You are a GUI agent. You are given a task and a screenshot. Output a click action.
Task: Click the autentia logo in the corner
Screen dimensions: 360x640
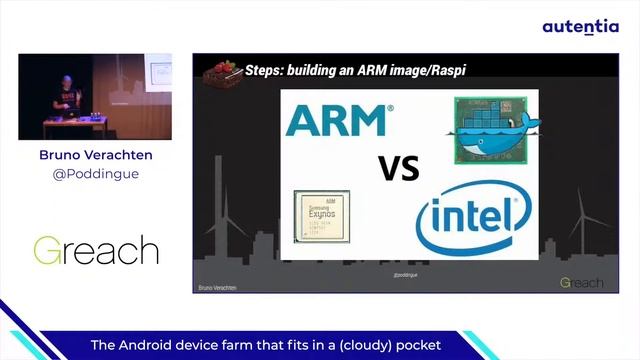580,27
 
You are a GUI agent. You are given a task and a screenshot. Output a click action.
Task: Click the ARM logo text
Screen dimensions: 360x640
336,120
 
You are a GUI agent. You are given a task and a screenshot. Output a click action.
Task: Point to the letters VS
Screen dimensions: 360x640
399,168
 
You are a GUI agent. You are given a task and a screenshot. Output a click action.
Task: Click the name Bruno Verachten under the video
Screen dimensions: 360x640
95,155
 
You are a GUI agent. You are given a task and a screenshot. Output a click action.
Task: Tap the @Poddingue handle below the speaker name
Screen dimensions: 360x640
95,174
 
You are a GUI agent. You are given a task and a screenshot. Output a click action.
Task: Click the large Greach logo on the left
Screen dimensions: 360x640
95,249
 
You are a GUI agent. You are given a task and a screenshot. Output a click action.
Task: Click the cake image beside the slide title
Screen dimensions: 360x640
221,71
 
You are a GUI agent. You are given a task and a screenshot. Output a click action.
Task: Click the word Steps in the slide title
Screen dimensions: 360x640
269,70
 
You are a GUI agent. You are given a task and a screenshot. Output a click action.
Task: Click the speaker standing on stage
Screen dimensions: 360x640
65,98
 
